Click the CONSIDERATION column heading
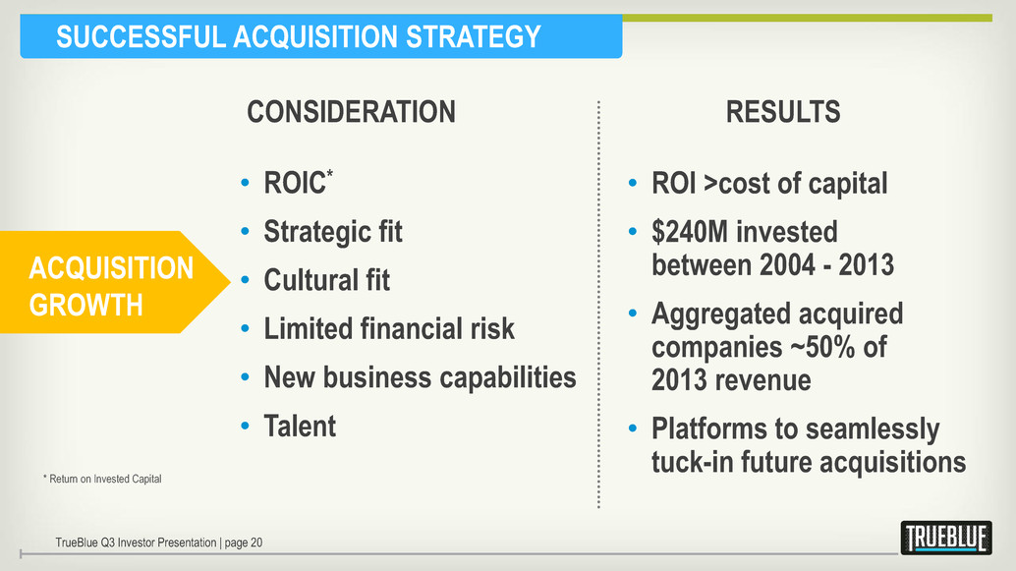tap(351, 111)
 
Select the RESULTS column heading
tap(783, 111)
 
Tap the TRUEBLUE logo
tap(946, 538)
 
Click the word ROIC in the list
tap(294, 183)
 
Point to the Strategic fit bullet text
tap(333, 232)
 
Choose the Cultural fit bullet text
tap(326, 280)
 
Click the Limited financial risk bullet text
tap(389, 328)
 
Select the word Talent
tap(300, 426)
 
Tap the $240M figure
tap(690, 232)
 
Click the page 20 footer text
tap(244, 542)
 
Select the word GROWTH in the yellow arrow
tap(85, 305)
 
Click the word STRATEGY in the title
tap(473, 36)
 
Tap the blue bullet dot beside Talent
tap(245, 427)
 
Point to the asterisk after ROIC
tap(330, 173)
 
